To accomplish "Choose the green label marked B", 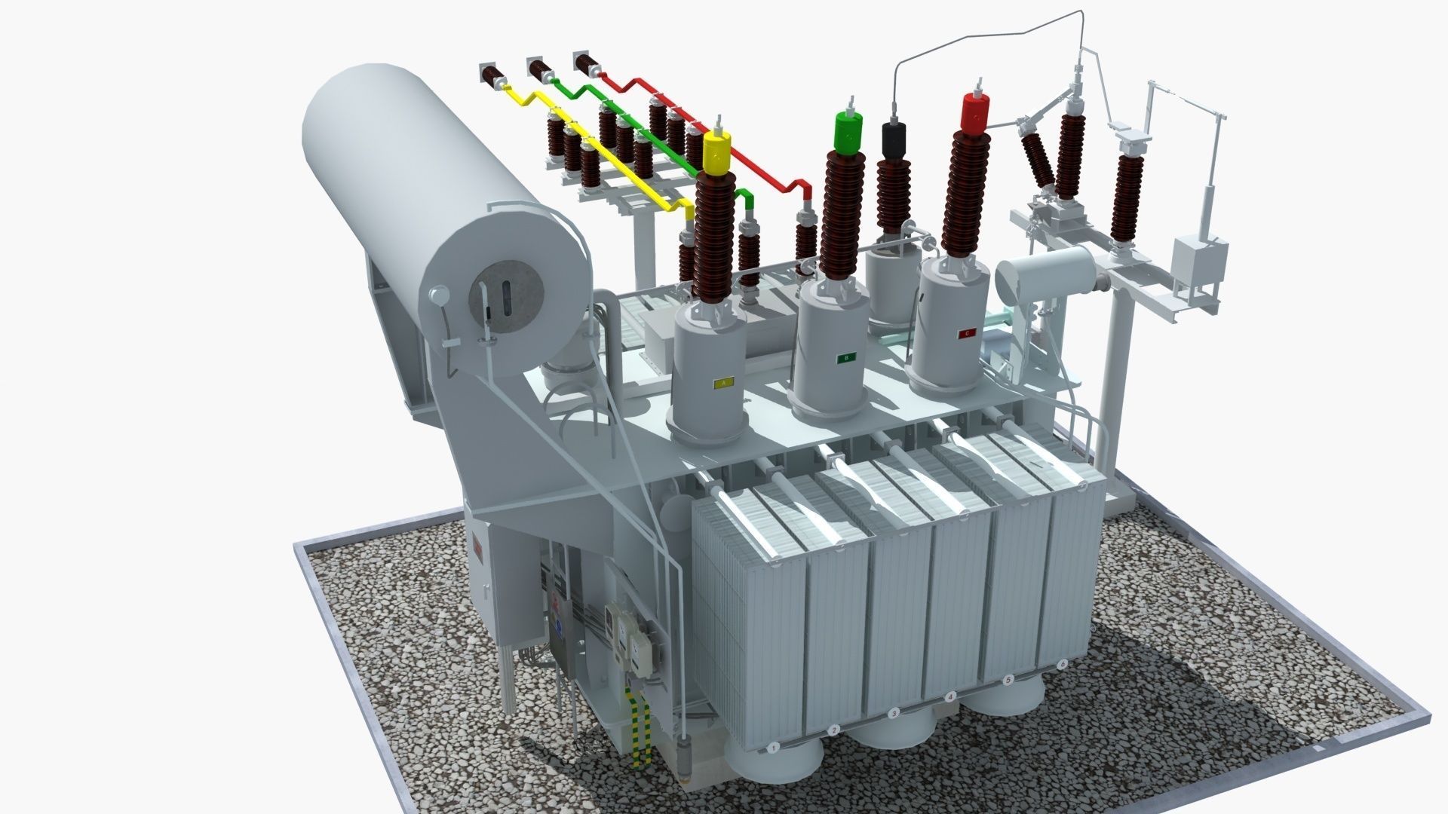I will coord(847,357).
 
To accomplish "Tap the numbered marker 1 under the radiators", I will coord(772,748).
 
